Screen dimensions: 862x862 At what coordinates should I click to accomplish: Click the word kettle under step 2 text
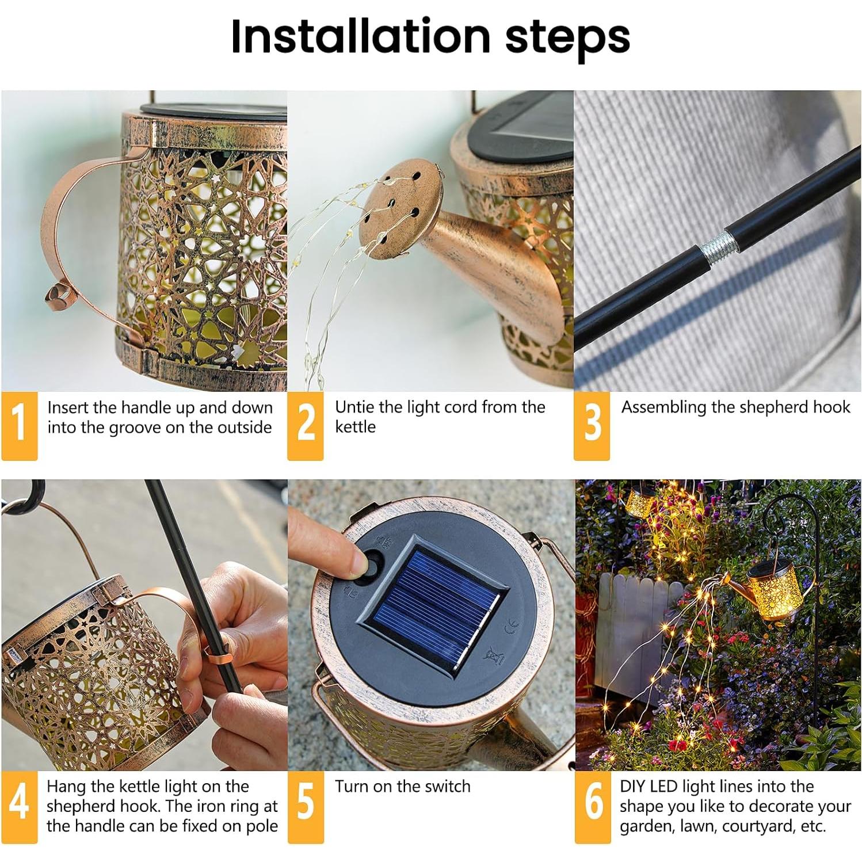point(355,427)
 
